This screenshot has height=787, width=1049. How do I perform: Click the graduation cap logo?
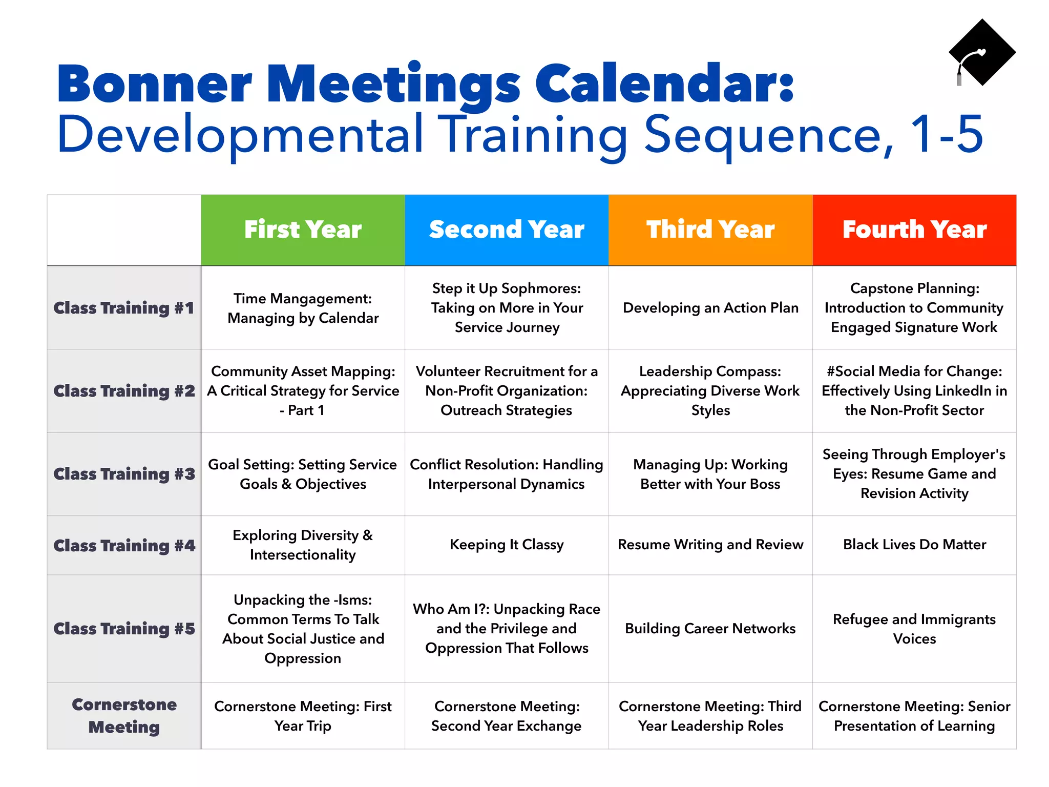click(x=981, y=52)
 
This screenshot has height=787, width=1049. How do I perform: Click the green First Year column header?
click(x=303, y=230)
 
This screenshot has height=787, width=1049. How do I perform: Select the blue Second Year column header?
click(x=507, y=230)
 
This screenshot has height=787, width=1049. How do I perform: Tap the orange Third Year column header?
click(x=710, y=230)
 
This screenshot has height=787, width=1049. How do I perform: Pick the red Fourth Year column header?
click(x=914, y=230)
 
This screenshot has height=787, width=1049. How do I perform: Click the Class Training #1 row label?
click(x=124, y=308)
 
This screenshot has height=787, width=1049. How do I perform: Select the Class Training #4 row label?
click(x=124, y=545)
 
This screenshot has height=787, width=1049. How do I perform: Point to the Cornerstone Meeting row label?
click(x=124, y=716)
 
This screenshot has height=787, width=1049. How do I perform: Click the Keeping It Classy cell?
click(x=507, y=545)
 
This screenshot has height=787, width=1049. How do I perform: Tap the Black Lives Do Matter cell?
click(x=914, y=545)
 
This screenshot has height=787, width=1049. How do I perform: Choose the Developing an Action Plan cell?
click(x=710, y=308)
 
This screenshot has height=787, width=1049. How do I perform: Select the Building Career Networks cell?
click(x=710, y=629)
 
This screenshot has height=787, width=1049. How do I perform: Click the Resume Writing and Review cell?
click(x=710, y=545)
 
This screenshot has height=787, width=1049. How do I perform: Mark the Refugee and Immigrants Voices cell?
click(x=914, y=629)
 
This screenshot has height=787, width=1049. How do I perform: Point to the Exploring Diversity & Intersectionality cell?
click(x=303, y=545)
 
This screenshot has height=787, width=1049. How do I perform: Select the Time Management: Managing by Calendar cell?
click(x=303, y=308)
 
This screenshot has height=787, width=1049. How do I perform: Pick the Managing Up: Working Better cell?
click(x=710, y=474)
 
